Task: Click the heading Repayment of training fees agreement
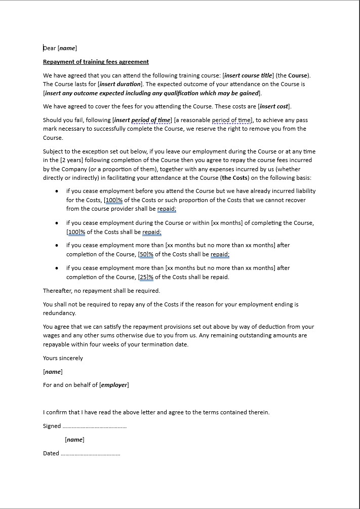pyautogui.click(x=96, y=62)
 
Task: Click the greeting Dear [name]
pyautogui.click(x=60, y=48)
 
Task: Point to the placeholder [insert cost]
pyautogui.click(x=274, y=106)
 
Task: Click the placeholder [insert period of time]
pyautogui.click(x=142, y=120)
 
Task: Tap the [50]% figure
pyautogui.click(x=146, y=254)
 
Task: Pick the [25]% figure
pyautogui.click(x=146, y=277)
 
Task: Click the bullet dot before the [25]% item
pyautogui.click(x=57, y=268)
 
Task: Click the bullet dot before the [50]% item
pyautogui.click(x=57, y=245)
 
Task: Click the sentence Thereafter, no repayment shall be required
pyautogui.click(x=101, y=291)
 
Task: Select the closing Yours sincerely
pyautogui.click(x=63, y=358)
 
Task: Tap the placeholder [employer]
pyautogui.click(x=114, y=385)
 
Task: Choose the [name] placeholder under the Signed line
pyautogui.click(x=74, y=440)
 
